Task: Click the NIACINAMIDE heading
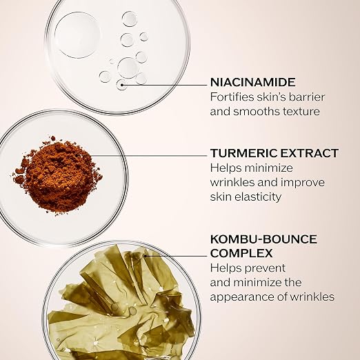[x=253, y=82]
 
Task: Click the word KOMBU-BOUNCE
[x=263, y=239]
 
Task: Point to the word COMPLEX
[x=241, y=253]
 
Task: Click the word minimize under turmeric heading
[x=269, y=168]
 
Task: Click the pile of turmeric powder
[x=57, y=176]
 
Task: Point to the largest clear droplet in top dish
[x=77, y=35]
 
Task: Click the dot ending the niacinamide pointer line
[x=122, y=85]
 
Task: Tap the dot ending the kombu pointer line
[x=146, y=255]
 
